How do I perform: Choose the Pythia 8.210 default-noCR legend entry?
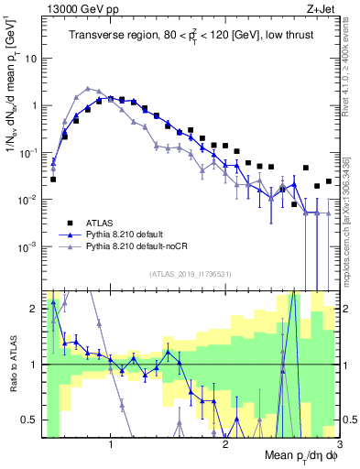point(136,247)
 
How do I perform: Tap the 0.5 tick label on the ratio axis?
point(29,420)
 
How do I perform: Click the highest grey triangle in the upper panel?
point(88,89)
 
